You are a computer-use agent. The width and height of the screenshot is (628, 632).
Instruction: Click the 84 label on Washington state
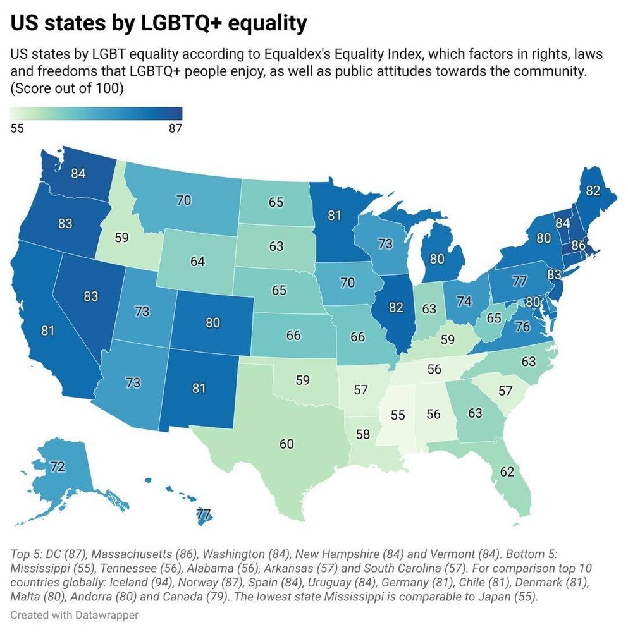click(78, 173)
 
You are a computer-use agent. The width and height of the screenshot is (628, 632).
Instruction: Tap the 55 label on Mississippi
click(398, 415)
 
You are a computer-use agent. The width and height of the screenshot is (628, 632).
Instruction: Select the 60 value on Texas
click(286, 444)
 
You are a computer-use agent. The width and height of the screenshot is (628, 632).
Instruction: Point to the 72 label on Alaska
click(58, 467)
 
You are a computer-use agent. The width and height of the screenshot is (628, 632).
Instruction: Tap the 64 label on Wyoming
click(197, 260)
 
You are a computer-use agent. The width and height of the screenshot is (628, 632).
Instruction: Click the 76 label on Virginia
click(522, 327)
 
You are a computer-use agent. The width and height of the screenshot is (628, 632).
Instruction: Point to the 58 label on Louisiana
click(362, 435)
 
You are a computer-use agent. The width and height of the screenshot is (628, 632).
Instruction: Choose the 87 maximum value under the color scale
click(175, 128)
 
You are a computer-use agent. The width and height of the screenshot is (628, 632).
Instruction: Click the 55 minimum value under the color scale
click(18, 128)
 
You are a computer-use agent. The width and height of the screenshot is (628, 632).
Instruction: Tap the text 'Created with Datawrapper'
click(74, 614)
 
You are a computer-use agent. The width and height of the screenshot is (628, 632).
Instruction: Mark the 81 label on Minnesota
click(335, 216)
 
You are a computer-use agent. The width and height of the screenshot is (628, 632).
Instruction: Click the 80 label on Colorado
click(212, 322)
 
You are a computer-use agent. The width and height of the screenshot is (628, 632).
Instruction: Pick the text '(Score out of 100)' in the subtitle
click(66, 88)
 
